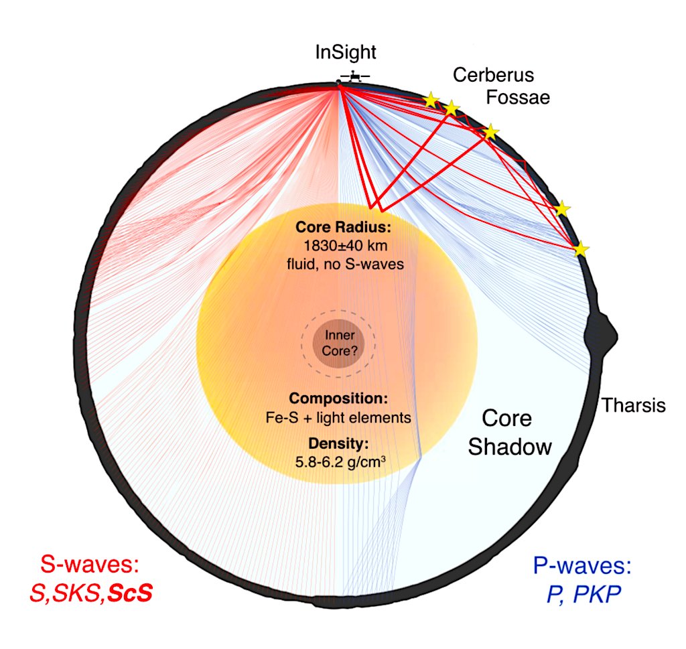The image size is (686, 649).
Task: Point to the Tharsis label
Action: click(x=633, y=405)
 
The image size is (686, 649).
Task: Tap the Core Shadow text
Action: click(x=510, y=433)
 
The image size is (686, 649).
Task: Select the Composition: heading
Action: click(x=342, y=399)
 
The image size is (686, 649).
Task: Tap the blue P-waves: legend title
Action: click(x=582, y=567)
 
